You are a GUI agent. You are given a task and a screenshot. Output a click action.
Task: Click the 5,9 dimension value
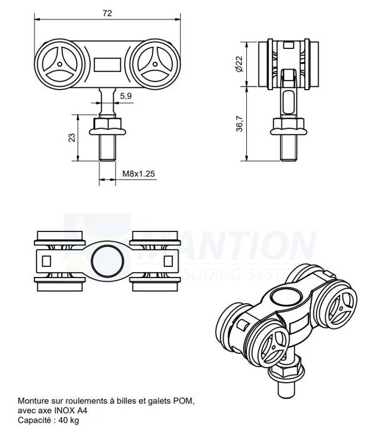pyautogui.click(x=126, y=96)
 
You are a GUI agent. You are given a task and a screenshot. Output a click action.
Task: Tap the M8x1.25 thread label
pyautogui.click(x=138, y=174)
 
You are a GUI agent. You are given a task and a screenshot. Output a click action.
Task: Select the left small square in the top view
pyautogui.click(x=46, y=260)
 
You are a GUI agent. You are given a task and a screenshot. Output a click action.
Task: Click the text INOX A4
pyautogui.click(x=70, y=410)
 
